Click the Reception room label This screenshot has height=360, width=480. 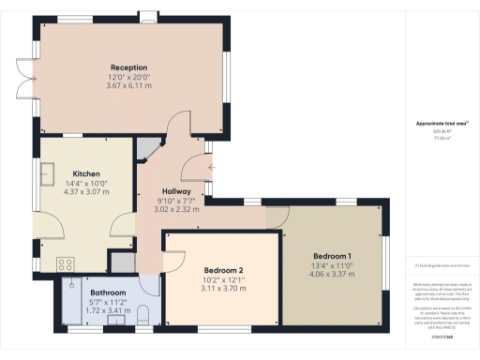tap(127, 67)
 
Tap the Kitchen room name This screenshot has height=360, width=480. tap(86, 173)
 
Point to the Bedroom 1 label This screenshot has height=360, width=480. tap(332, 257)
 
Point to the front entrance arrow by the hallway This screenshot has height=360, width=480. tap(215, 169)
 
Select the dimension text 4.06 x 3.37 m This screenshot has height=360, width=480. tap(332, 275)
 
